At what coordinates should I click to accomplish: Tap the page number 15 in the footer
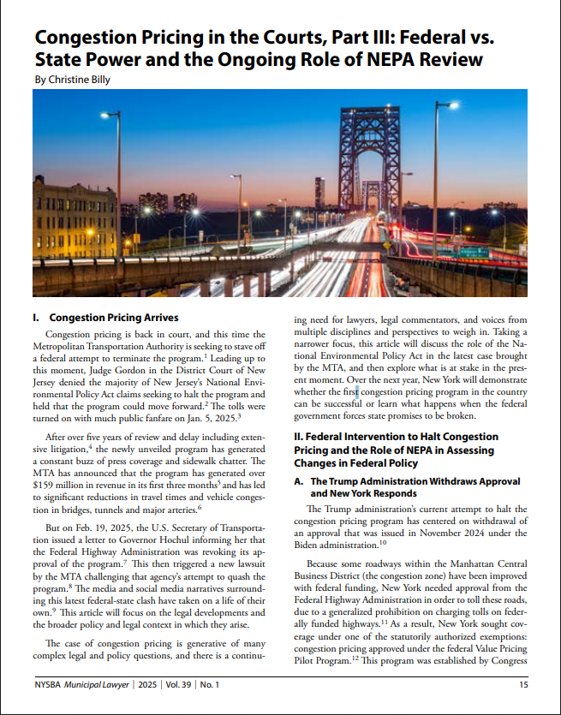522,684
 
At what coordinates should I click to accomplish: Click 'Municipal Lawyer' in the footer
113,684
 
